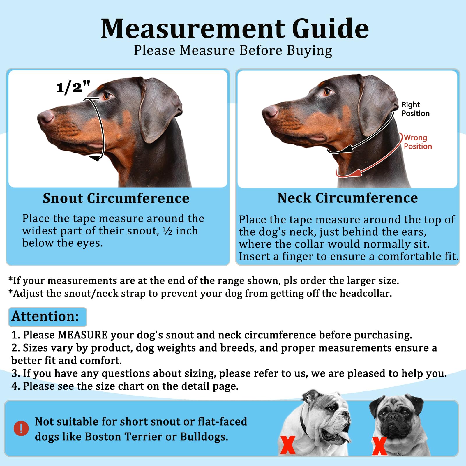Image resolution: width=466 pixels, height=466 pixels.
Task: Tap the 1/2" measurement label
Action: [x=73, y=87]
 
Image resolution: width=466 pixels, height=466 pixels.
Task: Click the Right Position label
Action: [x=415, y=109]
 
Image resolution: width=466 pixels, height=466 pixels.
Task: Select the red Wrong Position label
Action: [x=418, y=142]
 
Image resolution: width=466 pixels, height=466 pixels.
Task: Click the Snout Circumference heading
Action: [x=116, y=198]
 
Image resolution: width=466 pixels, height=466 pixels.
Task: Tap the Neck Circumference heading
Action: [x=347, y=198]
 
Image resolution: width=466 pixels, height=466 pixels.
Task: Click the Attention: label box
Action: [x=47, y=317]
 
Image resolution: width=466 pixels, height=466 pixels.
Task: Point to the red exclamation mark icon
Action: [x=21, y=428]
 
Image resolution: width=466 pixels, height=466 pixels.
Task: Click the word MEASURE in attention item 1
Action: [x=83, y=335]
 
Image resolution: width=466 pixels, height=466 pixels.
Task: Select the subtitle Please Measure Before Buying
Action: [x=233, y=50]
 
